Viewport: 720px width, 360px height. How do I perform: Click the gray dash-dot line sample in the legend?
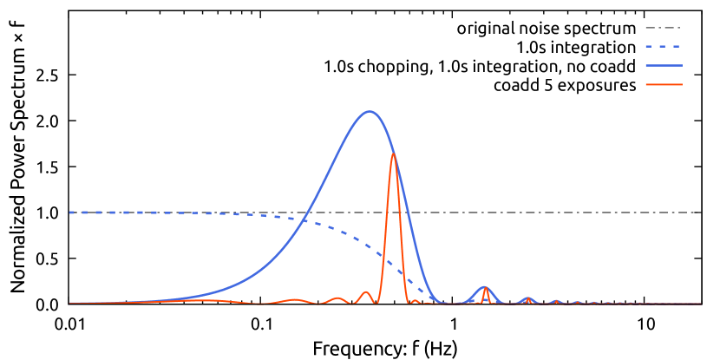(663, 28)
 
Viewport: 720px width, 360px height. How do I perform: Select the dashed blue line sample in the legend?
(663, 46)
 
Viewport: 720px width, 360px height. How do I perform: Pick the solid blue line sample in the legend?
(664, 65)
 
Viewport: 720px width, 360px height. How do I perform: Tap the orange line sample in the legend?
(664, 84)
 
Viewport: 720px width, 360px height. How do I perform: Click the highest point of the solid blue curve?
(370, 111)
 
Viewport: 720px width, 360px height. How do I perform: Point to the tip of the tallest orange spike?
(394, 154)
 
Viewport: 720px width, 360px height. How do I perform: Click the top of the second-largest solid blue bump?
(485, 286)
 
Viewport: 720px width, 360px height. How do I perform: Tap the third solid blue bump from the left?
(527, 298)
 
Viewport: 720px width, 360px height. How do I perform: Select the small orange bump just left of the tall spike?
(366, 292)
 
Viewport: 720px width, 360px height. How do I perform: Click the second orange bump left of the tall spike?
(337, 298)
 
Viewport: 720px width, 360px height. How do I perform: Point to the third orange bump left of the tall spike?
(295, 299)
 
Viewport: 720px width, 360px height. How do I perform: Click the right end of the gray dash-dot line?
(700, 213)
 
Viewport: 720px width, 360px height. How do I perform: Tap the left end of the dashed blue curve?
(70, 213)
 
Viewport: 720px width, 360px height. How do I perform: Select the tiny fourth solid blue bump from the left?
(556, 301)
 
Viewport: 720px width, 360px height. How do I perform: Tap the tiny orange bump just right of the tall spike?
(416, 300)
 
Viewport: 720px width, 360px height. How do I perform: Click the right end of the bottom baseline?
(700, 304)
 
